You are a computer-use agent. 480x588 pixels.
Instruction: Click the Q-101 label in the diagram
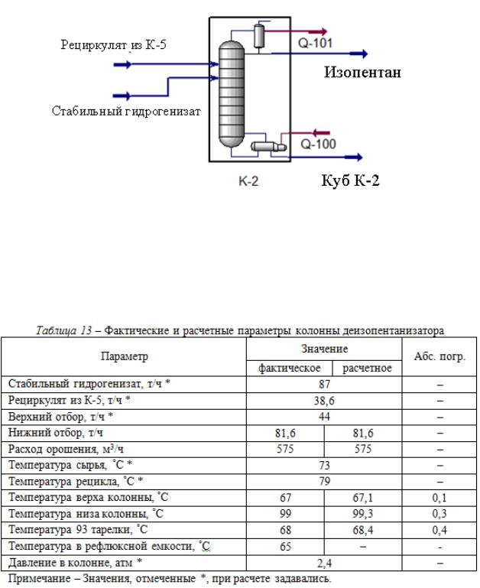click(x=315, y=44)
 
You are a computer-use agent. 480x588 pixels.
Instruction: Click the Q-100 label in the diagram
click(x=316, y=143)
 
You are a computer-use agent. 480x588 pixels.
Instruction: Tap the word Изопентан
click(x=362, y=73)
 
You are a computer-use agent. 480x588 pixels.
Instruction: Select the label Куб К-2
click(x=349, y=181)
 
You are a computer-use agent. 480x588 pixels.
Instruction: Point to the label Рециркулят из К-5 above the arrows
click(x=114, y=45)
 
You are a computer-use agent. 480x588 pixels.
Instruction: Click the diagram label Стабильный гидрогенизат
click(x=126, y=112)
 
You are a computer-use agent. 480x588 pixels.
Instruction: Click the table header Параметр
click(x=124, y=356)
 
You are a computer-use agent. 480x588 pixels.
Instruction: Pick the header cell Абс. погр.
click(x=438, y=356)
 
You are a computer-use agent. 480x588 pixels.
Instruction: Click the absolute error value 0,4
click(x=438, y=528)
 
